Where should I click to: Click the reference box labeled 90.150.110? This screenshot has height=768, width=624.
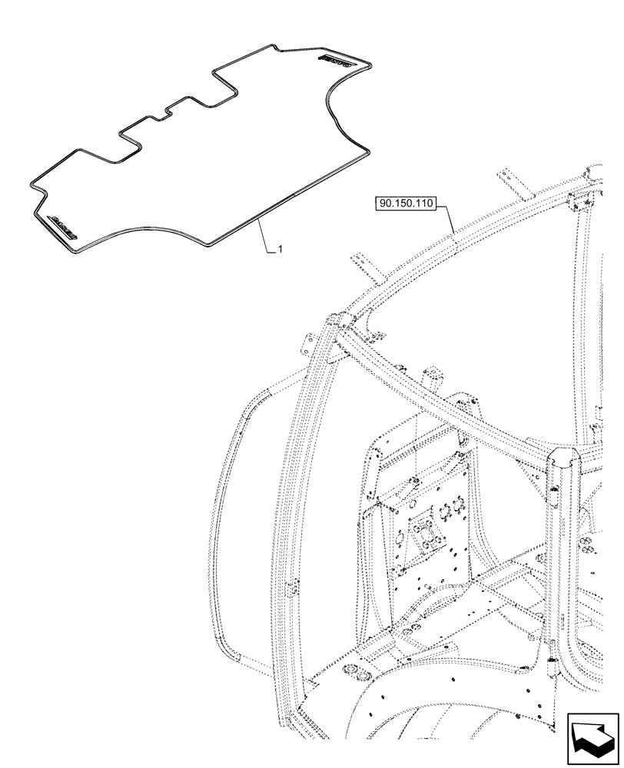406,204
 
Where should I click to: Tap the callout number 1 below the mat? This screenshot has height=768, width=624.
280,250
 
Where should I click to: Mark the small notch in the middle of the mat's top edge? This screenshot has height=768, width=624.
164,114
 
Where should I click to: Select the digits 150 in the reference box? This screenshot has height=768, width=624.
405,204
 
